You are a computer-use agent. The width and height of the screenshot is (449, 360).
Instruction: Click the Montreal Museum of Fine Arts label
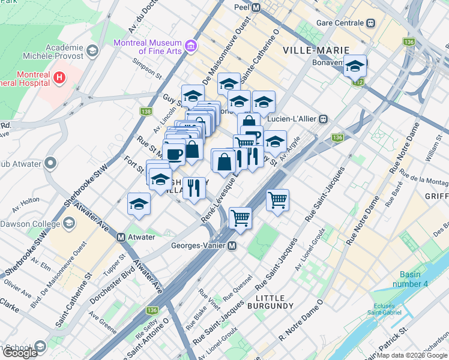tap(148, 47)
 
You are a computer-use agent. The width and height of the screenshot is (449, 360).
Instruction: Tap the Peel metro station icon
tap(256, 8)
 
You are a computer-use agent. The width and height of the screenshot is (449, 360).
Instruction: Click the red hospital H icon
tap(59, 77)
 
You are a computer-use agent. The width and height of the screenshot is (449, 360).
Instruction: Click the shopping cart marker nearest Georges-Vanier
tap(240, 217)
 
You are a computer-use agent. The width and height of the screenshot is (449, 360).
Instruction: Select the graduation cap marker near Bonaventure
tap(355, 65)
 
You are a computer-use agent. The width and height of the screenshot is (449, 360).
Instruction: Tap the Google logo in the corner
tap(19, 353)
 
